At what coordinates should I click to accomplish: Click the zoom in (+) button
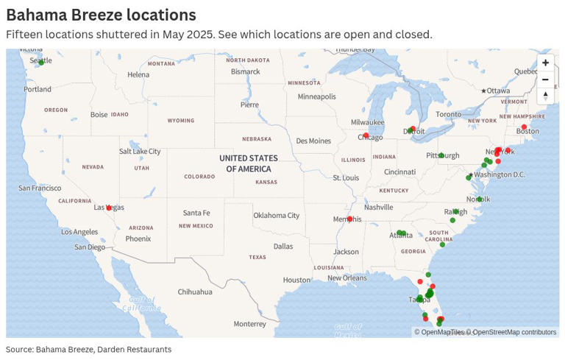click(545, 63)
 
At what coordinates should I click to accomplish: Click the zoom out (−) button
click(545, 80)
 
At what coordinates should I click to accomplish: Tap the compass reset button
click(545, 96)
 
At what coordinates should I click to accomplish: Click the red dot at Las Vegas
click(109, 208)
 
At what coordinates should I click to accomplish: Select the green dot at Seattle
click(41, 62)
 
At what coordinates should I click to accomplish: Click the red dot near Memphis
click(350, 219)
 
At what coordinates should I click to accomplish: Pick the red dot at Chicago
click(366, 135)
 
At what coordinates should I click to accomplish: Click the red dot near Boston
click(525, 127)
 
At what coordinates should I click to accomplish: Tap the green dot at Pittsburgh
click(441, 155)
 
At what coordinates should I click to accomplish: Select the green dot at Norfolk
click(479, 200)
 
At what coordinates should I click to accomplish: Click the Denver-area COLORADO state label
click(199, 177)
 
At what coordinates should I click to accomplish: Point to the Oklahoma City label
click(277, 216)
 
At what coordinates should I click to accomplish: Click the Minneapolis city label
click(316, 96)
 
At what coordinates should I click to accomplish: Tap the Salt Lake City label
click(140, 152)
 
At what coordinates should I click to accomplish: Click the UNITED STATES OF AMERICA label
click(249, 163)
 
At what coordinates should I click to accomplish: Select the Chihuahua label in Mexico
click(196, 292)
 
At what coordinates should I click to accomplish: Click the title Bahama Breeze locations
click(101, 15)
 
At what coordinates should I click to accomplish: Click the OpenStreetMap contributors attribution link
click(514, 332)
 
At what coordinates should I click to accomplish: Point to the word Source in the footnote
click(19, 350)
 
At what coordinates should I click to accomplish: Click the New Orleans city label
click(347, 278)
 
